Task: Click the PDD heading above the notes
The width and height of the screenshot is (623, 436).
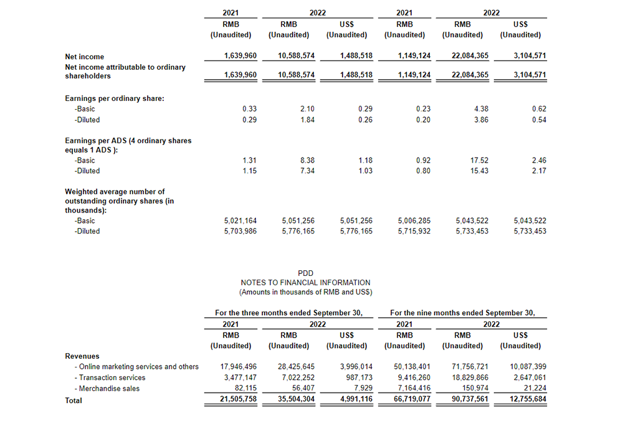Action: [x=305, y=273]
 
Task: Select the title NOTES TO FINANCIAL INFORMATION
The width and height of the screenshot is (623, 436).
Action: [x=305, y=282]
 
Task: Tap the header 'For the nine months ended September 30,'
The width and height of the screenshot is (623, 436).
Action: [x=462, y=313]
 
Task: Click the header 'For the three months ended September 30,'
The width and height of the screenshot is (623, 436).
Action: [x=288, y=313]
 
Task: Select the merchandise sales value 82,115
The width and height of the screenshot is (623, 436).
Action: [x=244, y=389]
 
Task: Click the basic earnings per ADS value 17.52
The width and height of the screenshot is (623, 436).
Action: [x=480, y=159]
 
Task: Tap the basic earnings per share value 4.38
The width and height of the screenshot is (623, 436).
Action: [x=480, y=108]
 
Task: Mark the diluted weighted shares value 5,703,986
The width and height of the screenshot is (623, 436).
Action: [x=240, y=231]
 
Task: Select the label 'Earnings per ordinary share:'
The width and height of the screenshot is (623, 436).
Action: [x=115, y=98]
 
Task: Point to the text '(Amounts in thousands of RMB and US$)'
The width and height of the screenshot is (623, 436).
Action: [x=305, y=292]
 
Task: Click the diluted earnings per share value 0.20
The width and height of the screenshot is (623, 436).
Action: [x=423, y=120]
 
